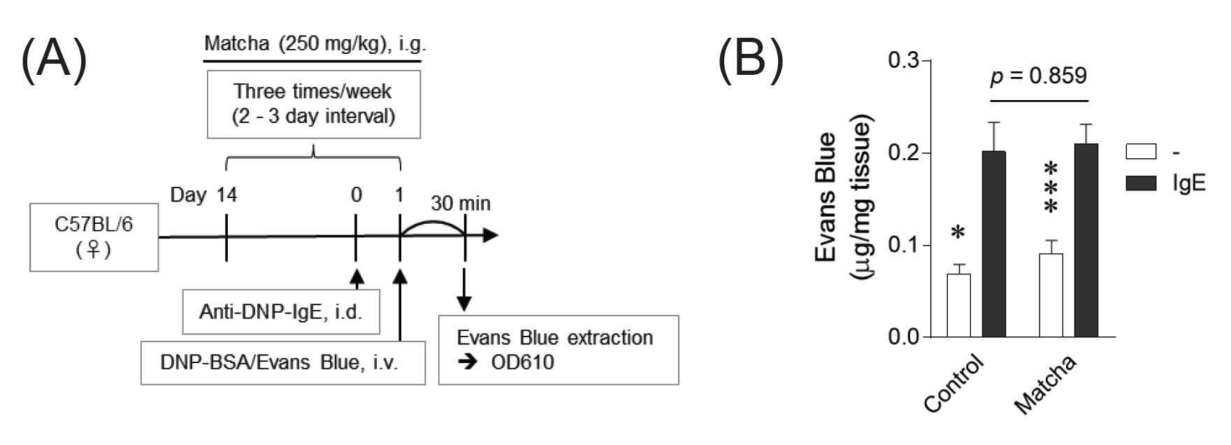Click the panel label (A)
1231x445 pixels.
coord(55,59)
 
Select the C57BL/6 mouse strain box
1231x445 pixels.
coord(94,237)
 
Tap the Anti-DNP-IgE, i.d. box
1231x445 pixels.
coord(281,311)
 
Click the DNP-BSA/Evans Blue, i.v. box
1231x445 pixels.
coord(282,362)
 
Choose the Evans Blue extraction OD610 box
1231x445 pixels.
coord(558,350)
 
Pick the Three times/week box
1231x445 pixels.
coord(313,104)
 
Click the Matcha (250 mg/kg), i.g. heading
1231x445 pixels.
coord(315,44)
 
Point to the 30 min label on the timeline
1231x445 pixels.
coord(460,204)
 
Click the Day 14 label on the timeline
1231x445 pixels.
coord(203,195)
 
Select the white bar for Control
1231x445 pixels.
coord(958,305)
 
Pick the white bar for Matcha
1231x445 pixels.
coord(1051,295)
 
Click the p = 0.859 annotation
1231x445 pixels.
coord(1038,76)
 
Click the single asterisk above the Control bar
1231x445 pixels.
coord(958,233)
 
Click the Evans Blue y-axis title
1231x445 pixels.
coord(844,199)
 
